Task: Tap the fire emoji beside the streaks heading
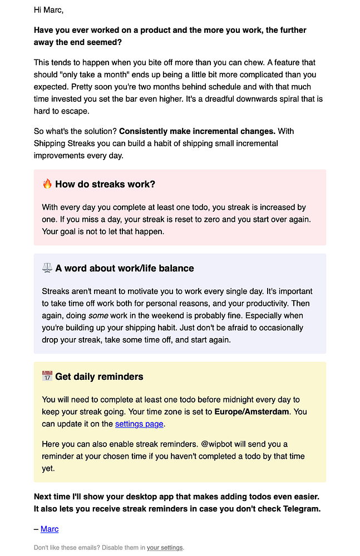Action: click(x=47, y=184)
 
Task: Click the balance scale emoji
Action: click(x=47, y=268)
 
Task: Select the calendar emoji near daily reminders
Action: click(x=47, y=376)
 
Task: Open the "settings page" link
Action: click(x=139, y=424)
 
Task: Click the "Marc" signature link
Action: click(x=50, y=529)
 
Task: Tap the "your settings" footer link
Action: click(x=165, y=548)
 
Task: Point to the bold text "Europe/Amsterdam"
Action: click(x=252, y=412)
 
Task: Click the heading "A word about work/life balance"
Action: click(x=125, y=268)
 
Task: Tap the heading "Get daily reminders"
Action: click(x=99, y=376)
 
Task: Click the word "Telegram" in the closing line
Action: click(x=301, y=509)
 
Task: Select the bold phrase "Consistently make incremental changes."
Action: click(x=198, y=131)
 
